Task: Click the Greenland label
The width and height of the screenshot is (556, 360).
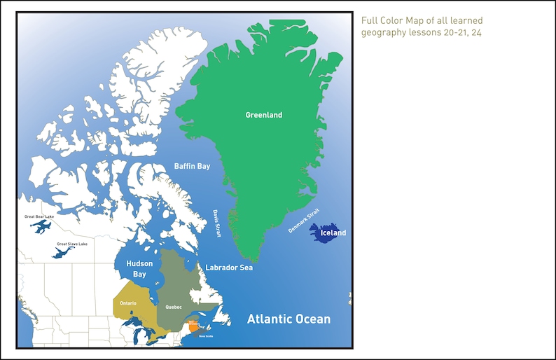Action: click(264, 115)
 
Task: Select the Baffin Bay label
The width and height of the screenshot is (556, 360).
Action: click(192, 166)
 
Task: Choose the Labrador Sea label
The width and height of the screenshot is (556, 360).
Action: click(229, 268)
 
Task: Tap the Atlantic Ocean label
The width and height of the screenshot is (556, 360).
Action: click(289, 319)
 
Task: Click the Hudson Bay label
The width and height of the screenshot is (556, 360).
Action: click(139, 269)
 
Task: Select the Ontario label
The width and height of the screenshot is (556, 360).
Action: click(128, 303)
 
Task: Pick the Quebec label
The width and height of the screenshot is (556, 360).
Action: click(174, 307)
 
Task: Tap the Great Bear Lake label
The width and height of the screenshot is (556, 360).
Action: click(39, 217)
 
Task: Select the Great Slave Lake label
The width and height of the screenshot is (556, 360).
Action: click(71, 244)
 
